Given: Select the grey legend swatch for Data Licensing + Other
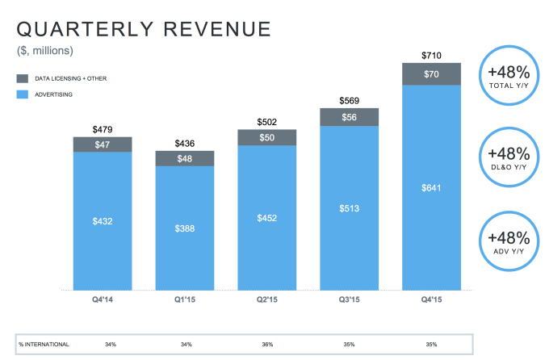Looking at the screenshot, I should pyautogui.click(x=23, y=78).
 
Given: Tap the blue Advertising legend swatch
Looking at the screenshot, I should pyautogui.click(x=23, y=94).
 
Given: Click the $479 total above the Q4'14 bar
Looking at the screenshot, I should pyautogui.click(x=103, y=128).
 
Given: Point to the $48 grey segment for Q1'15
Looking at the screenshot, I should pyautogui.click(x=185, y=159).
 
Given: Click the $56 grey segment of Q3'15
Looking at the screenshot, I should pyautogui.click(x=350, y=116).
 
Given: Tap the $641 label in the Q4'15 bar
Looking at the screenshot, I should pyautogui.click(x=432, y=187).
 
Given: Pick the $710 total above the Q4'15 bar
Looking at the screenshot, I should pyautogui.click(x=432, y=54).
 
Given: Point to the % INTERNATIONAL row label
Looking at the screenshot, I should pyautogui.click(x=44, y=345).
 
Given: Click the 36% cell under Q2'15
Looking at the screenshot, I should pyautogui.click(x=266, y=345).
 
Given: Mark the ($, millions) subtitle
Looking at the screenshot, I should pyautogui.click(x=45, y=52).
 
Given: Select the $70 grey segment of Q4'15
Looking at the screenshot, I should pyautogui.click(x=432, y=74).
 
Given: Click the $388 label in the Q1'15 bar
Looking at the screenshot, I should pyautogui.click(x=185, y=228).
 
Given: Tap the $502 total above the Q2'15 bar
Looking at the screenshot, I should pyautogui.click(x=266, y=122).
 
